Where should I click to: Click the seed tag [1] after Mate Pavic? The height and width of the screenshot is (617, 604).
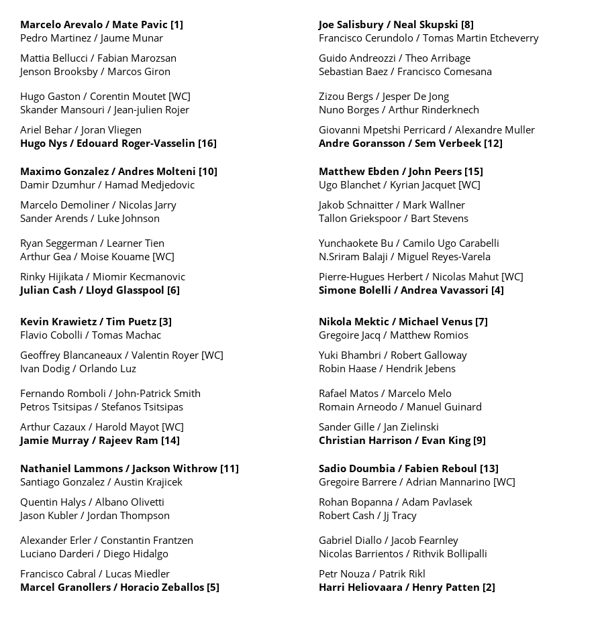tap(177, 25)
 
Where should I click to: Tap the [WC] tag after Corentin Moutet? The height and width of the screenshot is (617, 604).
tap(179, 97)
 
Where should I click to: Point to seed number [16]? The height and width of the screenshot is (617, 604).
tap(207, 144)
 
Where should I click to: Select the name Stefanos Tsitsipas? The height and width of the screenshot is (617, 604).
tap(142, 407)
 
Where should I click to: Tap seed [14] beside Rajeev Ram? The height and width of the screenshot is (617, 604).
tap(170, 441)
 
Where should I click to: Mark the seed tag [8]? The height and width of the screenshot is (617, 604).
tap(467, 25)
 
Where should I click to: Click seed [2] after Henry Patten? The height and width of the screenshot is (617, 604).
tap(489, 587)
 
